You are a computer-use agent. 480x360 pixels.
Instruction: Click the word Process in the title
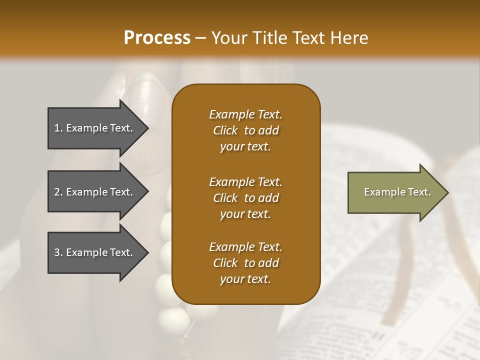click(x=157, y=38)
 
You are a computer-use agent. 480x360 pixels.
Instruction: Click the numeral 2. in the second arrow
click(x=58, y=192)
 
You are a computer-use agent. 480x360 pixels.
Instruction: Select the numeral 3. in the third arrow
click(x=58, y=252)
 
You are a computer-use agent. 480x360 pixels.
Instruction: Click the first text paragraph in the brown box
click(x=245, y=130)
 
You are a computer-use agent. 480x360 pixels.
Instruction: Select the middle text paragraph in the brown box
click(x=245, y=197)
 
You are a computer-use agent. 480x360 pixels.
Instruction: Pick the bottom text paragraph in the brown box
click(x=245, y=263)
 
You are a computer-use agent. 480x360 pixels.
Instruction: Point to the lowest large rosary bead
click(x=170, y=317)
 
